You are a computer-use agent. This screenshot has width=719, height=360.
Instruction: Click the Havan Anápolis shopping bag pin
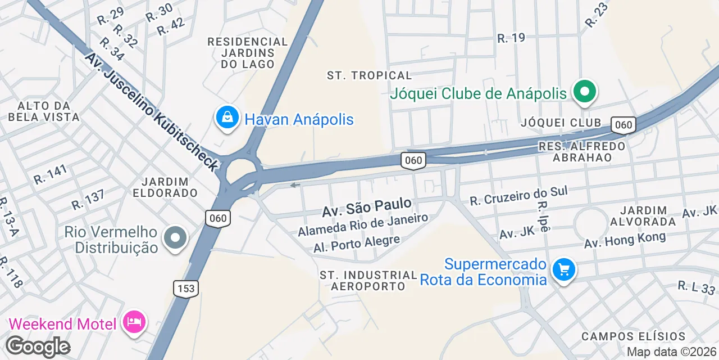[x=227, y=118]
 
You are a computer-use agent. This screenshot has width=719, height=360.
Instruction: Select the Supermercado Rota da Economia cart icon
[x=563, y=271]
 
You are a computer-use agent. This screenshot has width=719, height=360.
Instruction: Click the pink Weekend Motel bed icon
[x=134, y=322]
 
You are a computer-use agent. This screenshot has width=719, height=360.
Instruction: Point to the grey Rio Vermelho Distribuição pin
[x=175, y=238]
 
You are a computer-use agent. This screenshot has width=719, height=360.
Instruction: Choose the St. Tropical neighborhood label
[x=370, y=75]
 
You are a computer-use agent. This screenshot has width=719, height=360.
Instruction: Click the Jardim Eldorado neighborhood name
[x=165, y=187]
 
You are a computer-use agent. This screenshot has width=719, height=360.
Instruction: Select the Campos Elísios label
[x=633, y=336]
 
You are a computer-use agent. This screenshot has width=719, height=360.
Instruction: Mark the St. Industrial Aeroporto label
[x=368, y=281]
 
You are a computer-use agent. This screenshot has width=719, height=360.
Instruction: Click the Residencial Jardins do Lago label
[x=248, y=53]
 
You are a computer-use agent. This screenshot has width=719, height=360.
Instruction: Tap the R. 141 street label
[x=51, y=174]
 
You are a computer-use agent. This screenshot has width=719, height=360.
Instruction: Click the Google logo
[x=37, y=346]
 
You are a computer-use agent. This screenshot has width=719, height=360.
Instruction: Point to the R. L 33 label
[x=696, y=287]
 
